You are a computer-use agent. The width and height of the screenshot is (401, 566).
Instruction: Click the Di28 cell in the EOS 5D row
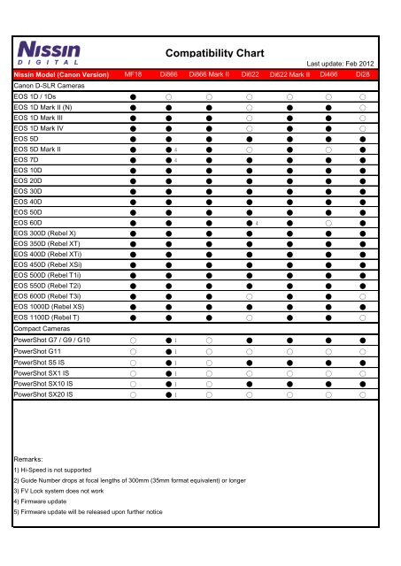[363, 140]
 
